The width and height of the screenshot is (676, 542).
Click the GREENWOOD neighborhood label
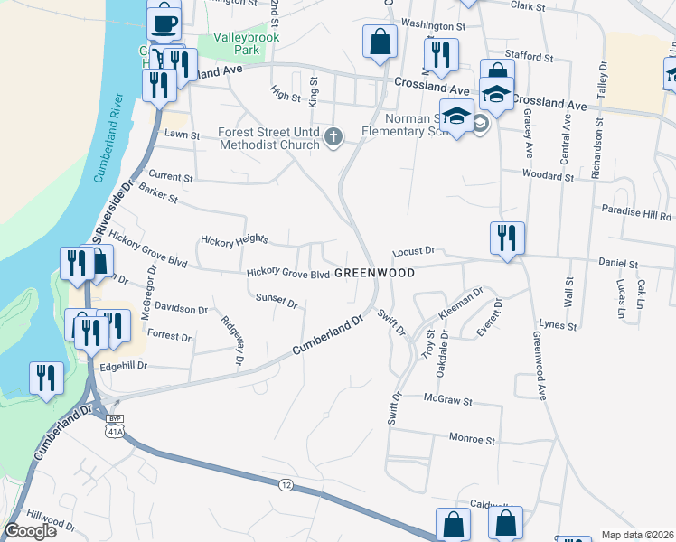pos(374,273)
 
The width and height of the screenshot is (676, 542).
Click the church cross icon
pos(333,138)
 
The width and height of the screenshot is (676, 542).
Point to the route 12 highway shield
pos(286,485)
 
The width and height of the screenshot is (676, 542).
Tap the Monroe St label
pos(473,440)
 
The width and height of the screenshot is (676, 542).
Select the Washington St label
pos(433,26)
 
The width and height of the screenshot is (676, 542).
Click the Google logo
pos(30,531)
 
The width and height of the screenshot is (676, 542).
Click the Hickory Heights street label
pos(233,241)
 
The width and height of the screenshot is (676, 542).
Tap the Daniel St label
pos(618,264)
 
